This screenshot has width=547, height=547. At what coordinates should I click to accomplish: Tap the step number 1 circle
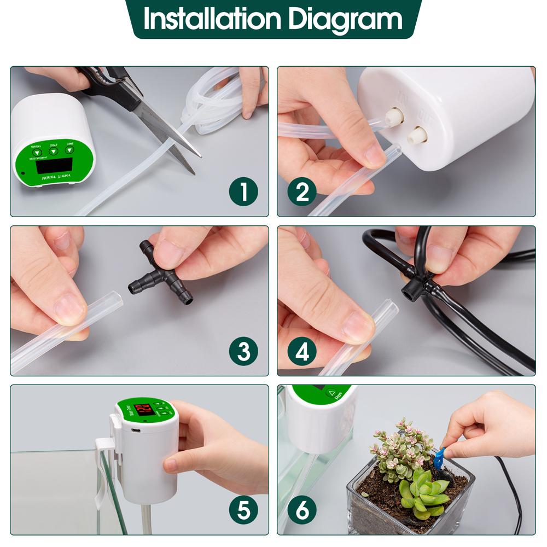click(243, 191)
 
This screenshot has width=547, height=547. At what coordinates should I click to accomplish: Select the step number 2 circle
click(302, 191)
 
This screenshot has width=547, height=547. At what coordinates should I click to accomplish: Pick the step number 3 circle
click(243, 351)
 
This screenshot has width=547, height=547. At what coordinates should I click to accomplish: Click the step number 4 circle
click(302, 351)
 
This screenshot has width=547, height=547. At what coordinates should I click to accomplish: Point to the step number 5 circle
click(243, 510)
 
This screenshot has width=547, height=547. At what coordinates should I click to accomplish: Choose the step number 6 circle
click(302, 510)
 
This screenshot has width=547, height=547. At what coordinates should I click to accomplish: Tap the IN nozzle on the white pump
click(393, 116)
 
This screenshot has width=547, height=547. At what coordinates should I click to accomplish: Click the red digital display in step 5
click(144, 410)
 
